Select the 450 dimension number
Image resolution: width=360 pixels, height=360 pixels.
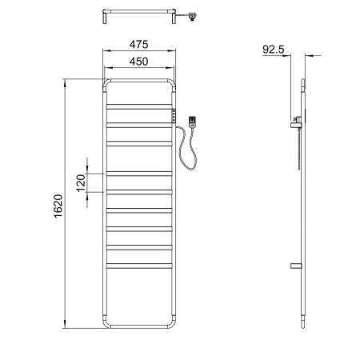coord(139,64)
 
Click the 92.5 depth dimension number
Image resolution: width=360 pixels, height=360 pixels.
coord(274,49)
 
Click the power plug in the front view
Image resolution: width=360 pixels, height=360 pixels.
coord(192,122)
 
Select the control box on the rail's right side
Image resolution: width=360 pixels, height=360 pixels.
coord(173,115)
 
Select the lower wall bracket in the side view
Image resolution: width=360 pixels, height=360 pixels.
coord(295,265)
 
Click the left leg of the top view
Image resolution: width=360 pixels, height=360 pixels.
coord(106,18)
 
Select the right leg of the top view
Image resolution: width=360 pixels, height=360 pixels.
coord(174,18)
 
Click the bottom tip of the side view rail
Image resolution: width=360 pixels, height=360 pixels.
coord(302,326)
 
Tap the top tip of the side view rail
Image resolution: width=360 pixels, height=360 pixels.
coord(302,80)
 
